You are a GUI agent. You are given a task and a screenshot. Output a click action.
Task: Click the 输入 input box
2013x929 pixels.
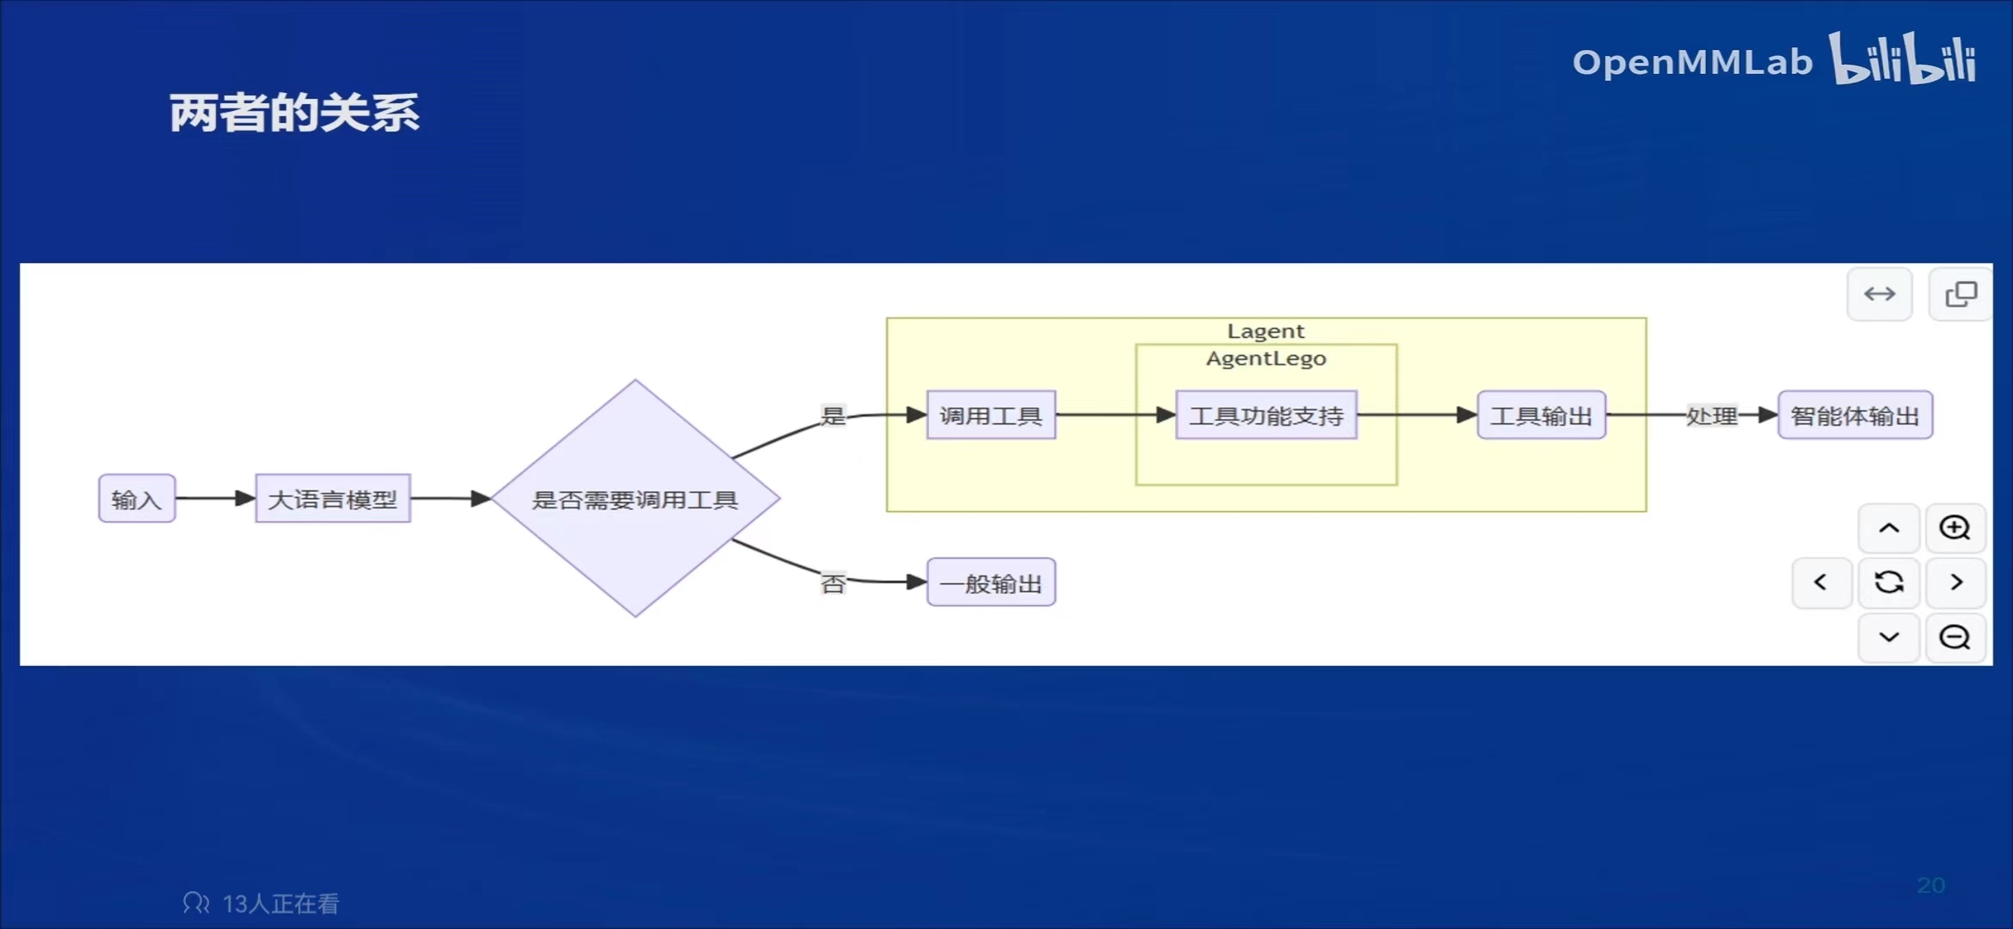point(137,499)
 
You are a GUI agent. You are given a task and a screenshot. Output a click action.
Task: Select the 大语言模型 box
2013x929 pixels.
point(333,499)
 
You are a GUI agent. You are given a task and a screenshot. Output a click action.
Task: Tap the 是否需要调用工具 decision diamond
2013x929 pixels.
point(635,499)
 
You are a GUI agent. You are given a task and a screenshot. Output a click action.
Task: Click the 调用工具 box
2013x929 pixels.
point(991,415)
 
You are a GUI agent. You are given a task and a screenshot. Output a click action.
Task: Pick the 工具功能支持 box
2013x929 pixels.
point(1266,415)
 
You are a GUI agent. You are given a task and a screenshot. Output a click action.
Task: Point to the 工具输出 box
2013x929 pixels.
point(1541,415)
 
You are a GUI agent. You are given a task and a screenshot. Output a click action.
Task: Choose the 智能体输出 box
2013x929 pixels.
point(1855,415)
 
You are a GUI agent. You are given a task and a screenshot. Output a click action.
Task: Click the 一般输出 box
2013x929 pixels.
point(991,583)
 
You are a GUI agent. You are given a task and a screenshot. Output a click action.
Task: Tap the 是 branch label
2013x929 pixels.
point(833,415)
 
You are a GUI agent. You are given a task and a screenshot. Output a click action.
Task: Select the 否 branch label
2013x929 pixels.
point(833,584)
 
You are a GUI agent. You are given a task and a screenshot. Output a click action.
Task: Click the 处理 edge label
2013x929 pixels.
point(1712,415)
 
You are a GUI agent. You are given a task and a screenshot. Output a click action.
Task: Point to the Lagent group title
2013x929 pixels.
point(1265,331)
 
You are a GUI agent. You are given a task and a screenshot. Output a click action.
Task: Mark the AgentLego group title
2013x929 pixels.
point(1265,359)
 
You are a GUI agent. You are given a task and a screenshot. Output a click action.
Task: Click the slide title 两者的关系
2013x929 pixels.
point(294,113)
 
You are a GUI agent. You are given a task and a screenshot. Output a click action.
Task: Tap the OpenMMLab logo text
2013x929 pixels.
point(1692,62)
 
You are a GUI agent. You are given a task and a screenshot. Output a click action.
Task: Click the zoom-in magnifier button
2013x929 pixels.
point(1955,527)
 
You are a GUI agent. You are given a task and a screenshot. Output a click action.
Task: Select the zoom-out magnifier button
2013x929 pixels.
point(1955,637)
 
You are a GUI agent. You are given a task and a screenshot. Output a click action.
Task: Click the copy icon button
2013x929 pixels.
point(1961,294)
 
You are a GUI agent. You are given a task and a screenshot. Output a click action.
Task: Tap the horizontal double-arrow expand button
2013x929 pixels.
point(1880,294)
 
